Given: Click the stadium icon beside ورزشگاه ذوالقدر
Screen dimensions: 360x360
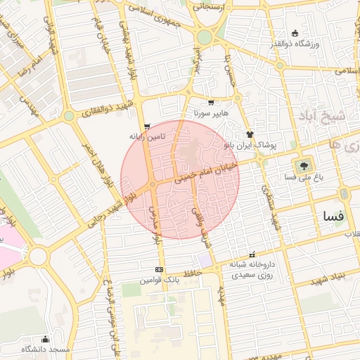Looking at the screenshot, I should point(294,33).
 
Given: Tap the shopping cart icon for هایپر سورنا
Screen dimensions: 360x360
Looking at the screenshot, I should point(211,103).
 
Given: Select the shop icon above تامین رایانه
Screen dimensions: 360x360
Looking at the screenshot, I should point(146,127).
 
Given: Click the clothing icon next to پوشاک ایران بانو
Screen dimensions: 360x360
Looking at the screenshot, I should point(249,133).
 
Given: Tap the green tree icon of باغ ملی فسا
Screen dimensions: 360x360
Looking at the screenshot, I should point(304,167).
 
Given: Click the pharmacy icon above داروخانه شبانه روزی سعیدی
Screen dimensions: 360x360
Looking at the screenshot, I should point(252,255).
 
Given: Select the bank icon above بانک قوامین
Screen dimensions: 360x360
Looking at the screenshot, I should point(159,269).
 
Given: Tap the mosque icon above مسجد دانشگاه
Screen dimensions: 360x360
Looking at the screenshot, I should point(46,339).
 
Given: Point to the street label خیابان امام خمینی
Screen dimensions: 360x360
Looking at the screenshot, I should point(210,171).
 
